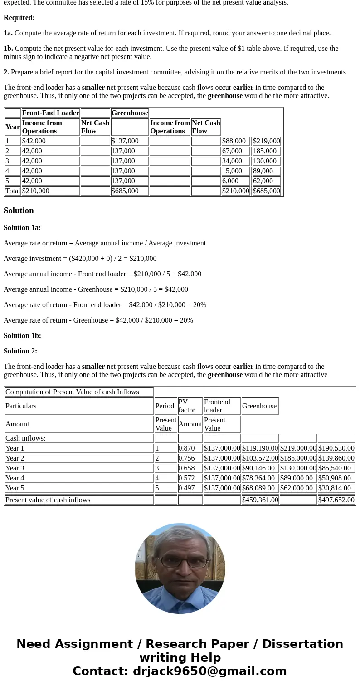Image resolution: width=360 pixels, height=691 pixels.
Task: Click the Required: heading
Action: pos(19,18)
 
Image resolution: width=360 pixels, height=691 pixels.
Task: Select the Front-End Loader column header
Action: pos(50,113)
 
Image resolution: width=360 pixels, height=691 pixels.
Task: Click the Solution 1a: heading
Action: pos(22,228)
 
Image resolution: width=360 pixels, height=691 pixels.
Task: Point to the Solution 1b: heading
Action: pos(22,336)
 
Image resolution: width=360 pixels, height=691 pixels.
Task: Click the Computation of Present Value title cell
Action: pos(72,392)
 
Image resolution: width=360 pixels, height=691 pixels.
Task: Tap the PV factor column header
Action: pos(187,406)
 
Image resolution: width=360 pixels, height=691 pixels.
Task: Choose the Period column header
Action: pos(165,406)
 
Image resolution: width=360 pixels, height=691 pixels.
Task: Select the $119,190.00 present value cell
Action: pos(260,448)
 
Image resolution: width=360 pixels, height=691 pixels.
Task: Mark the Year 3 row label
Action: pos(15,468)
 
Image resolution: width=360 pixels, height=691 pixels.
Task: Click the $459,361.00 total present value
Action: pos(260,500)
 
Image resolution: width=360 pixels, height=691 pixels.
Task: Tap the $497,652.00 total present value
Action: pos(336,500)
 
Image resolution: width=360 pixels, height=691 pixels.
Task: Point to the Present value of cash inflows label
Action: pos(48,500)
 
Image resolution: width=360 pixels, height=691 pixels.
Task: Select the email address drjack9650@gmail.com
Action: pos(209,671)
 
